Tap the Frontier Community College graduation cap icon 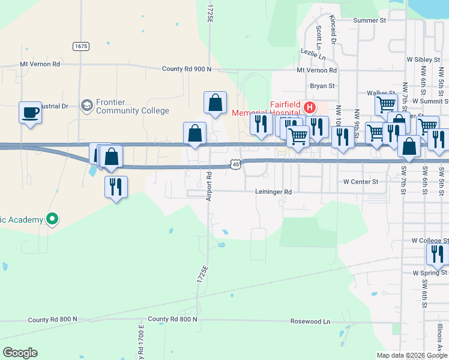tap(87, 106)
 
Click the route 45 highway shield tap(235, 164)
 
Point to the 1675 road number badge tap(81, 46)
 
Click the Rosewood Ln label tap(310, 322)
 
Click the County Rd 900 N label tap(187, 69)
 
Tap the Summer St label tap(369, 20)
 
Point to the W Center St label tap(361, 181)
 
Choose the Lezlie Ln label tap(313, 56)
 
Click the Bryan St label tap(322, 86)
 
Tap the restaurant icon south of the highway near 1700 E tap(116, 187)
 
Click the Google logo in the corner tap(20, 353)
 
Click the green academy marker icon tap(52, 220)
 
